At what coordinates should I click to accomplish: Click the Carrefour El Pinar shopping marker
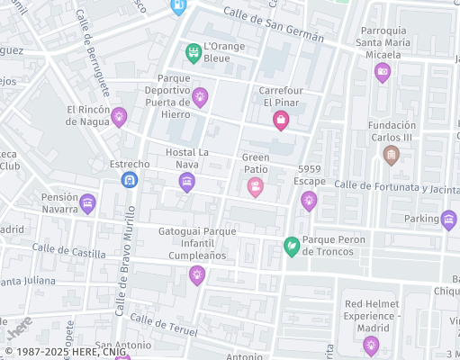[281, 120]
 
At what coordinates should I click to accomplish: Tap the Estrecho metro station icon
[130, 180]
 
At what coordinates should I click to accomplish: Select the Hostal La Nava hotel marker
[186, 183]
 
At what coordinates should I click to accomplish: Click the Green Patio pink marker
[256, 186]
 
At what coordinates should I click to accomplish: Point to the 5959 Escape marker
[309, 200]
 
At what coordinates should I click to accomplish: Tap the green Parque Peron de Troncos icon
[292, 245]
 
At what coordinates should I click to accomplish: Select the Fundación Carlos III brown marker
[391, 155]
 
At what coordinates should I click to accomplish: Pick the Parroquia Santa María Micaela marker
[383, 72]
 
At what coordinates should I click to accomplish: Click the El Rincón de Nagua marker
[119, 116]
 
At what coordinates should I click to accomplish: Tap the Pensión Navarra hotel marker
[87, 203]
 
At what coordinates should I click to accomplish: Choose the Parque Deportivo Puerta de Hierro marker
[200, 95]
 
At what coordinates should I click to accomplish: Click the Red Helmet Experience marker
[370, 345]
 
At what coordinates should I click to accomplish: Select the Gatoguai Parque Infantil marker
[197, 275]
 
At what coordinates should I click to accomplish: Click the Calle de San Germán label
[260, 19]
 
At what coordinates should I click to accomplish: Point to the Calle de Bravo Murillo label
[124, 261]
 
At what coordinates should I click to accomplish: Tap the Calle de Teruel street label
[162, 326]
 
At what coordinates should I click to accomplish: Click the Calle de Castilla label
[68, 251]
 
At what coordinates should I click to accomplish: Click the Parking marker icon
[448, 219]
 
